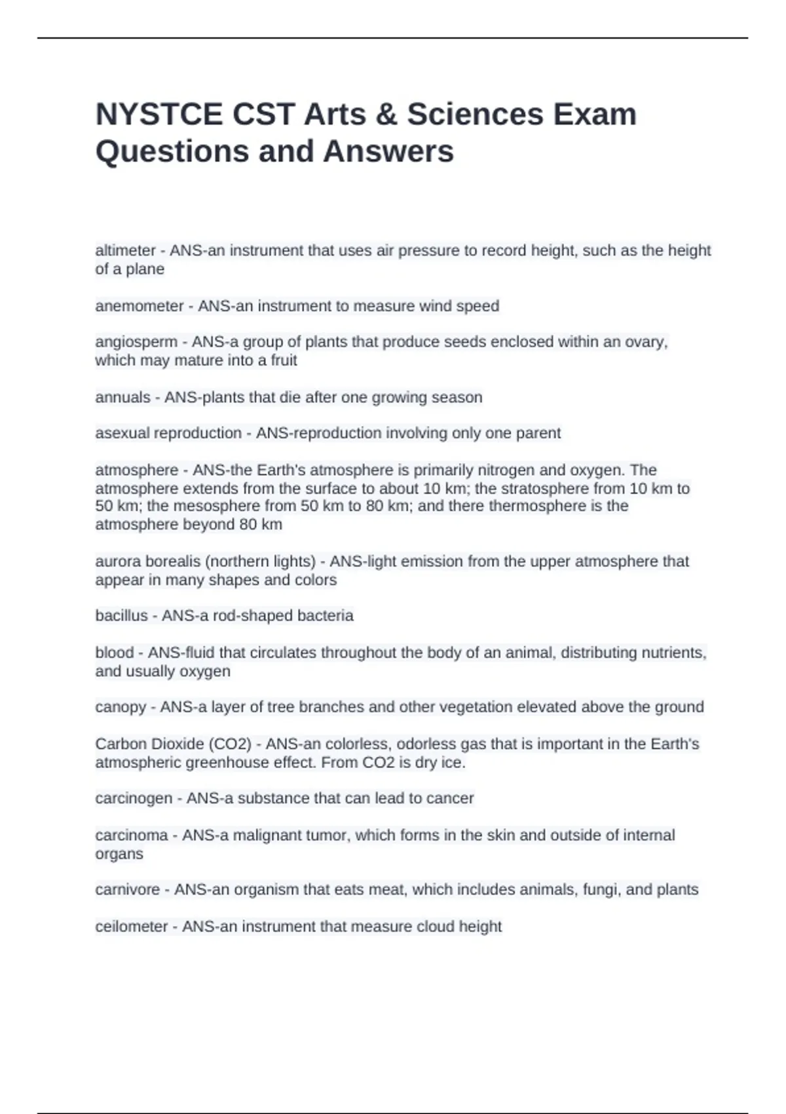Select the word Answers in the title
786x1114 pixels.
tap(388, 151)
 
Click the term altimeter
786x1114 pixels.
tap(125, 250)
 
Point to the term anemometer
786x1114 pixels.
tap(140, 306)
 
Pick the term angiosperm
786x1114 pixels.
tap(136, 342)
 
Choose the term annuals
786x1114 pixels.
tap(122, 397)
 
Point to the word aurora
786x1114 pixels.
tap(116, 562)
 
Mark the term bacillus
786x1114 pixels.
tap(121, 616)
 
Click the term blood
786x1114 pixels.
tap(114, 653)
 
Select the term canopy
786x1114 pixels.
tap(121, 707)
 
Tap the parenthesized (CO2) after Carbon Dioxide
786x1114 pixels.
tap(230, 744)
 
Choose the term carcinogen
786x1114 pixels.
tap(134, 798)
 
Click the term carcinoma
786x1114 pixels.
tap(132, 835)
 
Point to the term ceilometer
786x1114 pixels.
tap(131, 927)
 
